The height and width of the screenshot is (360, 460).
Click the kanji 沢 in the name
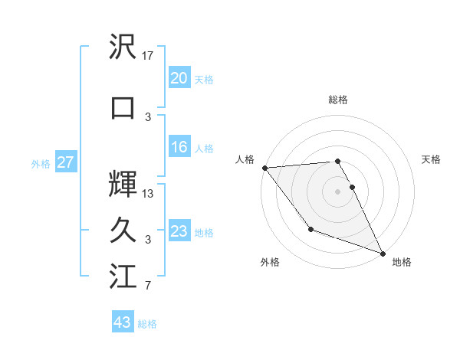point(123,48)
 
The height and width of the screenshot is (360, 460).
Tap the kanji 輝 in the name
point(123,184)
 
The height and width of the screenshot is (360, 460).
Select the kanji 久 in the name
point(123,230)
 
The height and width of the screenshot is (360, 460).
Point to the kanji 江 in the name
point(123,277)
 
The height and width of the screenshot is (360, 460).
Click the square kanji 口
point(123,107)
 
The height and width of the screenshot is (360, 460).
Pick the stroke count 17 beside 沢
point(149,56)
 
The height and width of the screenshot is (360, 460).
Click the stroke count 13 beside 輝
point(149,193)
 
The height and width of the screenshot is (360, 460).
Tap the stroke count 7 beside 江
point(148,286)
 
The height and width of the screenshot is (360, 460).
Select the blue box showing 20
point(179,78)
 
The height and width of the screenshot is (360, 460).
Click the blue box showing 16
point(179,148)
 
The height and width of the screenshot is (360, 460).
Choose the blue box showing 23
point(179,231)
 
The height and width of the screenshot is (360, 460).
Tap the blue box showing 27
point(66,162)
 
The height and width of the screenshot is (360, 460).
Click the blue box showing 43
point(123,322)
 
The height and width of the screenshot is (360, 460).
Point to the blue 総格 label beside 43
point(148,324)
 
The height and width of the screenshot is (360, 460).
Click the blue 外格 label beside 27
point(41,163)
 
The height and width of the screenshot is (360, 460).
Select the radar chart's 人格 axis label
point(245,159)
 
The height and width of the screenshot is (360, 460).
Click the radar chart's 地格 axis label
point(402,262)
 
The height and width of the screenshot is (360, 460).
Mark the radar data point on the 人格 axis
point(264,168)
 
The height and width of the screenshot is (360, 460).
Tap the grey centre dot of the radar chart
point(337,191)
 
